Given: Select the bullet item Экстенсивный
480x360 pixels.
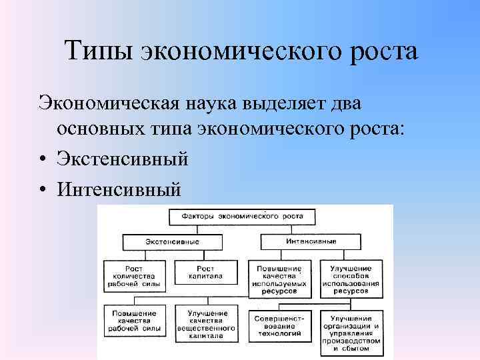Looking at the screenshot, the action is pyautogui.click(x=123, y=159).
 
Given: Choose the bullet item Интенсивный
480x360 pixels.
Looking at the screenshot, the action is pyautogui.click(x=119, y=190).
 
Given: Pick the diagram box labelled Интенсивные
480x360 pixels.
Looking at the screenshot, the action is pyautogui.click(x=311, y=241).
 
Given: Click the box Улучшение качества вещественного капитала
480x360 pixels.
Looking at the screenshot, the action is pyautogui.click(x=207, y=324).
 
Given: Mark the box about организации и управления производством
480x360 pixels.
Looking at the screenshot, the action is pyautogui.click(x=351, y=331).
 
